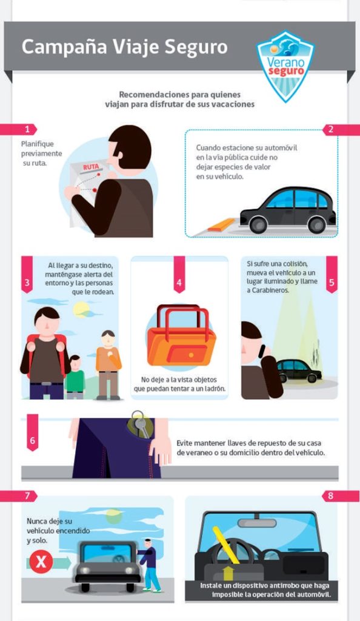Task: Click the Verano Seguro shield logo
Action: (x=285, y=65)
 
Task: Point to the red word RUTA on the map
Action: (x=91, y=167)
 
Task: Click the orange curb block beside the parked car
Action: (x=222, y=224)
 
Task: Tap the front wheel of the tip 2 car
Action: (x=258, y=225)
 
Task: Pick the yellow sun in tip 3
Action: (x=81, y=309)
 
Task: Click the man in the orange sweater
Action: (x=108, y=364)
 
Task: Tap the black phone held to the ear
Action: (x=262, y=351)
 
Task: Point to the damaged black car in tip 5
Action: (x=299, y=371)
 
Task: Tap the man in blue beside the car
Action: (x=150, y=565)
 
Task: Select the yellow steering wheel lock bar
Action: (x=226, y=545)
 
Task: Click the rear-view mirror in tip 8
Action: (x=257, y=523)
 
